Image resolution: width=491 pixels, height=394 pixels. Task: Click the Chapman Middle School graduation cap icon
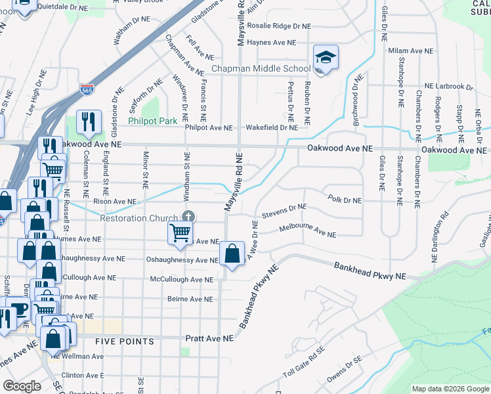(x=326, y=58)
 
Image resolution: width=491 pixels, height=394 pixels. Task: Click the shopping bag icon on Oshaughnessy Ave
(x=232, y=253)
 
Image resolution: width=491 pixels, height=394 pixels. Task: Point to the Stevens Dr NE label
(x=284, y=211)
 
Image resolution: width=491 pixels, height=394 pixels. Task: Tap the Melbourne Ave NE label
(x=307, y=231)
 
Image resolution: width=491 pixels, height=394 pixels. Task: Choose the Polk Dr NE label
(x=345, y=199)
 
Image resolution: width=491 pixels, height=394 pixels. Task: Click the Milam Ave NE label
(x=412, y=51)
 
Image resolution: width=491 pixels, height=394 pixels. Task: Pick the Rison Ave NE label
(x=115, y=202)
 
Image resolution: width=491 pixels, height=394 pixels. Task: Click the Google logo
(x=22, y=386)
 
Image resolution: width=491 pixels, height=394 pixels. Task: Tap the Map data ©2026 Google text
(x=450, y=389)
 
